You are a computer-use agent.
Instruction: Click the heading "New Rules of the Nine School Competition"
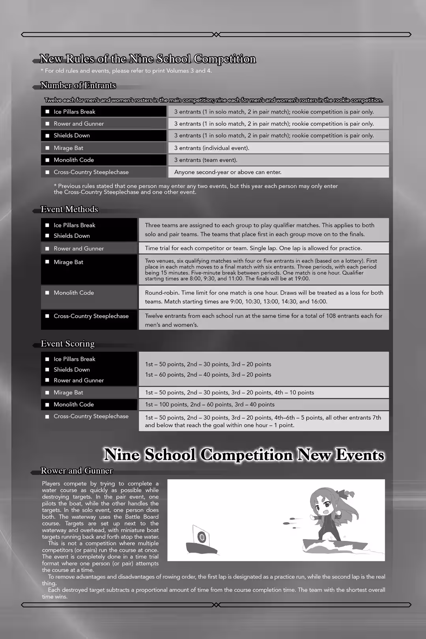(x=148, y=59)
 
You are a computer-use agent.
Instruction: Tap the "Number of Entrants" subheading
(x=78, y=86)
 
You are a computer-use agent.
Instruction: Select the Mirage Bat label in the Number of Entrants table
(x=69, y=148)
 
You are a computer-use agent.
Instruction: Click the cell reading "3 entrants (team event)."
(x=206, y=160)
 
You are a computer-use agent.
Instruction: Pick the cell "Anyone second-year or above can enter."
(x=228, y=172)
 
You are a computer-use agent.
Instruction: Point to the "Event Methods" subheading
(x=69, y=209)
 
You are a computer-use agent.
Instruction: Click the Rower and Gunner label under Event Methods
(x=78, y=248)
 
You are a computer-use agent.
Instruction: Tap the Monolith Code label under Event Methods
(x=74, y=293)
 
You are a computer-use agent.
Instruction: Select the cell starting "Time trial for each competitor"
(x=253, y=248)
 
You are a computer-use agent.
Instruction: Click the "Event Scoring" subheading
(x=68, y=344)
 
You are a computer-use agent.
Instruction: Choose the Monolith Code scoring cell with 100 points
(x=209, y=404)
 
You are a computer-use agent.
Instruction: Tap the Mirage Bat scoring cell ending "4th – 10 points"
(x=229, y=392)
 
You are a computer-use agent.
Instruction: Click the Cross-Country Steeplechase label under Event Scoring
(x=91, y=416)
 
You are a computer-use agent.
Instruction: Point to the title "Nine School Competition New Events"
(x=244, y=455)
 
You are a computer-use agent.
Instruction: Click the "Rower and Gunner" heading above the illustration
(x=77, y=471)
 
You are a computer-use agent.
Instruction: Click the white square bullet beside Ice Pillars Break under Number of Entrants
(x=47, y=112)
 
